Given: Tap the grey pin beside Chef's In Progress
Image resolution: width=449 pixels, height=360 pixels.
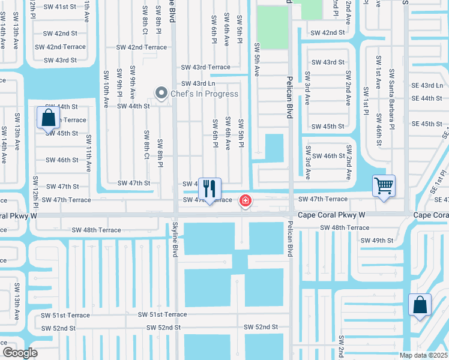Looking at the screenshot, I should (161, 93).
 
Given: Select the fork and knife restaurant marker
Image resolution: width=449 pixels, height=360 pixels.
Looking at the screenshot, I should (209, 189).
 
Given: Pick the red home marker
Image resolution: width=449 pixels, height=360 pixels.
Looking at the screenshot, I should (245, 200).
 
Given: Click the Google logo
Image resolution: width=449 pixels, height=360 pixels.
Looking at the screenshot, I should (19, 353).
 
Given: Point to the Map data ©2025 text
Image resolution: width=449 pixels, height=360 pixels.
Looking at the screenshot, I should (424, 355).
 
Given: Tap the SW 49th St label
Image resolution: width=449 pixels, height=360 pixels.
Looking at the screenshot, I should (377, 241).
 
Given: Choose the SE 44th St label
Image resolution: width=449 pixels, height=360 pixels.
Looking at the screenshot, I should (427, 98).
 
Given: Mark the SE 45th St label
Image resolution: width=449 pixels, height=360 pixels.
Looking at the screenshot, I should (427, 124).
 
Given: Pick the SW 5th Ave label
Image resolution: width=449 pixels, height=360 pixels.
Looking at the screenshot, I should (257, 59).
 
